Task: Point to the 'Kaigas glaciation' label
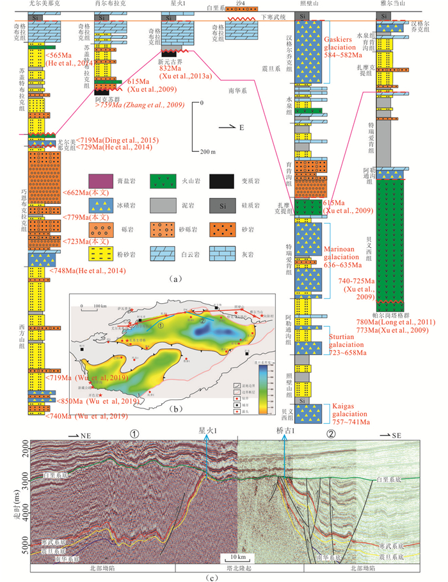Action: (x=351, y=406)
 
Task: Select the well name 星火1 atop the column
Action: (x=177, y=4)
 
